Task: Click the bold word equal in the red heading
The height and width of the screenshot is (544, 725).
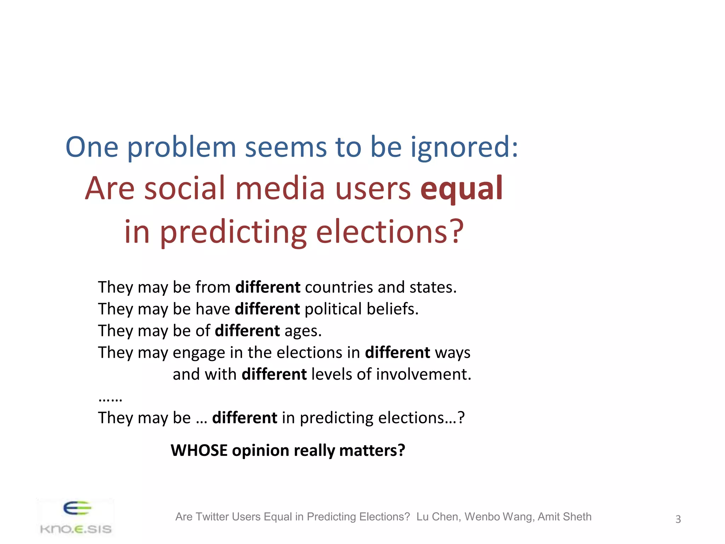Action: point(461,189)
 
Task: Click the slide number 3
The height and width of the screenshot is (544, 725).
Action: point(678,519)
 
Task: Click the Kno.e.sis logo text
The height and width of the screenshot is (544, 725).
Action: point(76,529)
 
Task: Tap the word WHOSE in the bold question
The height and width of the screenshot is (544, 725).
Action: point(199,450)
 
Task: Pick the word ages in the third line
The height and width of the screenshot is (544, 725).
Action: point(303,331)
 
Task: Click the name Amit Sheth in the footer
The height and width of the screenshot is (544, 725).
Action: point(564,517)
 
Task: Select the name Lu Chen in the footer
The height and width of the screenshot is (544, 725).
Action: point(438,517)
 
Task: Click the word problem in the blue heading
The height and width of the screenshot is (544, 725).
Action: point(181,147)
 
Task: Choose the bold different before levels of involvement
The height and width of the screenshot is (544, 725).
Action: point(274,374)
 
